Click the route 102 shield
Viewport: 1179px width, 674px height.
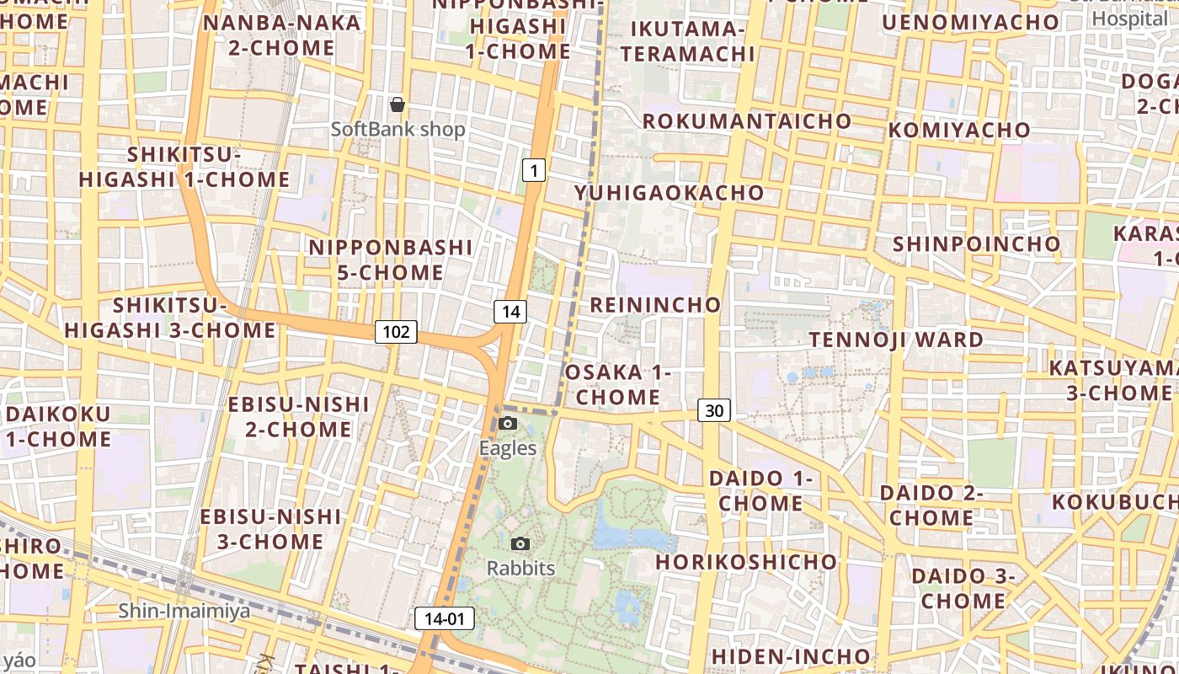click(x=396, y=331)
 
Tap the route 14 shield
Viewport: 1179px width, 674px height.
click(x=510, y=312)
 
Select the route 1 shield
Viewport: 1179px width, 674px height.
click(x=533, y=170)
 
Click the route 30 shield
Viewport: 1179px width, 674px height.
click(x=713, y=410)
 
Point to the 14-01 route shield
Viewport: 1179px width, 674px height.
click(x=445, y=618)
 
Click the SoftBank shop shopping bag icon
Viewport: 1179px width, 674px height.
click(x=397, y=105)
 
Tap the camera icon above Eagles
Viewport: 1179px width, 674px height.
click(x=508, y=423)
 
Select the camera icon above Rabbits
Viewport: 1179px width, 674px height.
click(x=521, y=543)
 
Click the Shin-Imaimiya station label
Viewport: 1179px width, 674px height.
click(x=184, y=611)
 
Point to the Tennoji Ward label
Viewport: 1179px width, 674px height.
click(x=896, y=340)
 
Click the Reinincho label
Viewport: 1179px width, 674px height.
click(x=655, y=304)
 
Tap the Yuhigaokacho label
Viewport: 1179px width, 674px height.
click(x=669, y=193)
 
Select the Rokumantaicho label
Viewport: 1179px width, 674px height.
click(x=747, y=121)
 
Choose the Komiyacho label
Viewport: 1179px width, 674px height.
click(x=959, y=130)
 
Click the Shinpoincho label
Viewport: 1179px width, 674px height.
click(x=977, y=243)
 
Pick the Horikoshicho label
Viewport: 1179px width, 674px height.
click(x=747, y=561)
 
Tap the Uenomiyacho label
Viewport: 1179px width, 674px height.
click(x=970, y=22)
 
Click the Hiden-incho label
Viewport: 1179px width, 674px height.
click(x=791, y=655)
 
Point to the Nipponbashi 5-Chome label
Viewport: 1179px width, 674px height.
click(x=391, y=259)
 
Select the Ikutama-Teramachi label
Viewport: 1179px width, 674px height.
click(x=693, y=41)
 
